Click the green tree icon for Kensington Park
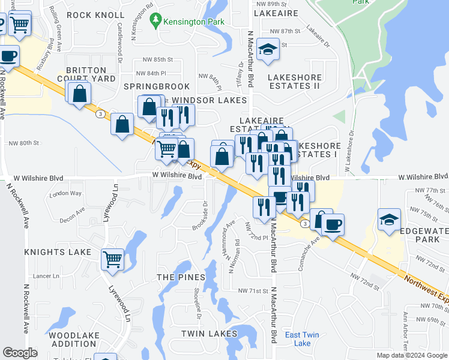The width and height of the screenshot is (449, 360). pyautogui.click(x=157, y=21)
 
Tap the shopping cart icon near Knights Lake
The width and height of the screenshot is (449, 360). pyautogui.click(x=112, y=259)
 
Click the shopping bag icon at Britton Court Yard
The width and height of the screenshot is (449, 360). pyautogui.click(x=79, y=94)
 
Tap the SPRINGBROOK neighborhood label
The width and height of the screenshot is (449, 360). pyautogui.click(x=156, y=87)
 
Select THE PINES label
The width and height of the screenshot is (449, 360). pyautogui.click(x=181, y=278)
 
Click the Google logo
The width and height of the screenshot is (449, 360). pyautogui.click(x=20, y=353)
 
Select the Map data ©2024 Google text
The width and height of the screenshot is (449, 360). pyautogui.click(x=412, y=355)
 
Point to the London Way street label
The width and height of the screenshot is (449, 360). pyautogui.click(x=65, y=194)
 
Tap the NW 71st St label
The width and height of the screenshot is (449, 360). pyautogui.click(x=252, y=290)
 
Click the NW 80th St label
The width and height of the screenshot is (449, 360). pyautogui.click(x=24, y=143)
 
